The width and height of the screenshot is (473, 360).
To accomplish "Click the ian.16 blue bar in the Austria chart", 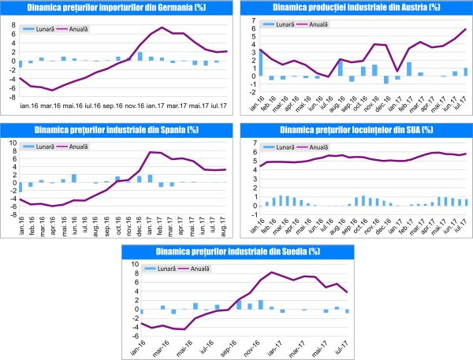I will click(x=260, y=63).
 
